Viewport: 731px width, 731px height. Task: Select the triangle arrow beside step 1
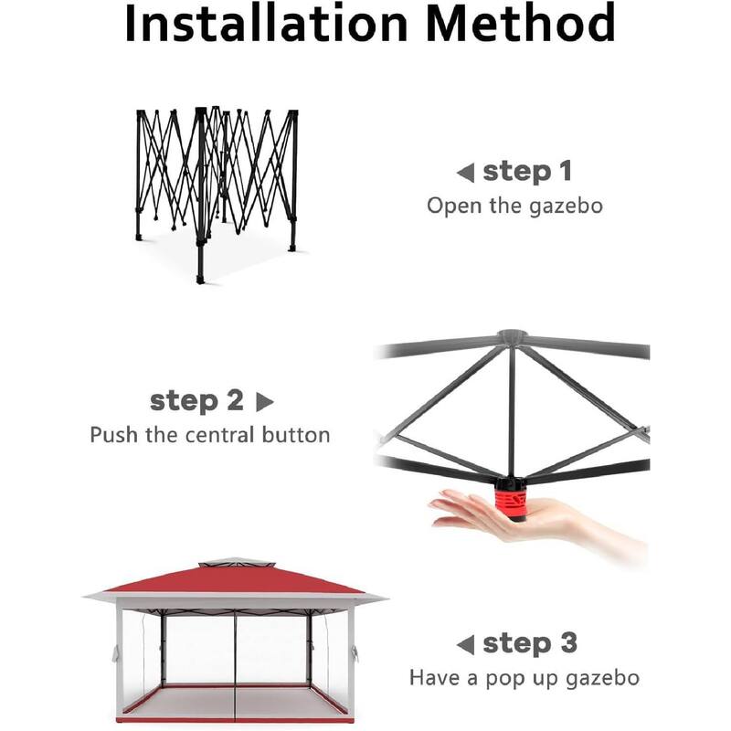[465, 172]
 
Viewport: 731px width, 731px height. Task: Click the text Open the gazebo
[514, 206]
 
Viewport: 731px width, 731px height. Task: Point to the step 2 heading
[196, 400]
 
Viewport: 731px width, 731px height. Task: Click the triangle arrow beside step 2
[264, 401]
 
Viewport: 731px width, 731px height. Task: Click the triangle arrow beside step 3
[465, 644]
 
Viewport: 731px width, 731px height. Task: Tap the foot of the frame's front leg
[200, 278]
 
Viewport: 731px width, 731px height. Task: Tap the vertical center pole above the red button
[512, 411]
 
